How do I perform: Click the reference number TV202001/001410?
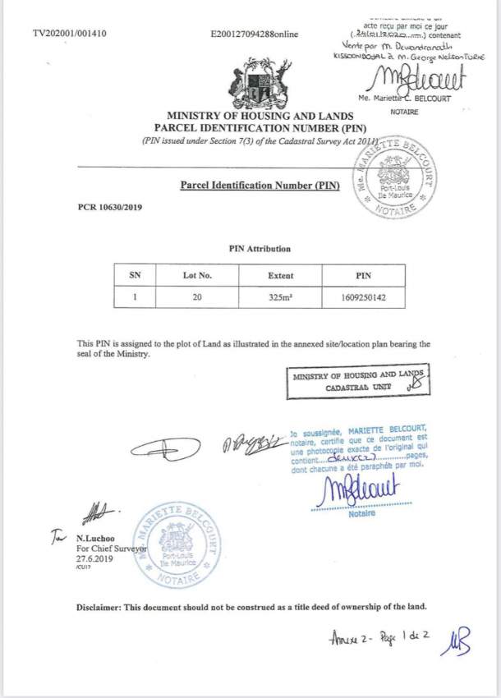(70, 34)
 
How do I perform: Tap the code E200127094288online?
(255, 34)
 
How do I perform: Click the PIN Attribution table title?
(259, 249)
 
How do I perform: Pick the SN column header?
(136, 276)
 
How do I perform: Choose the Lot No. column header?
(197, 276)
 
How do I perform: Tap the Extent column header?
(281, 276)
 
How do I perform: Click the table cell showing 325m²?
(281, 297)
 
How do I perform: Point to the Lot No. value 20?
(197, 297)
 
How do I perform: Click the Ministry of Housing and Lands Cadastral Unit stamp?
(359, 379)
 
